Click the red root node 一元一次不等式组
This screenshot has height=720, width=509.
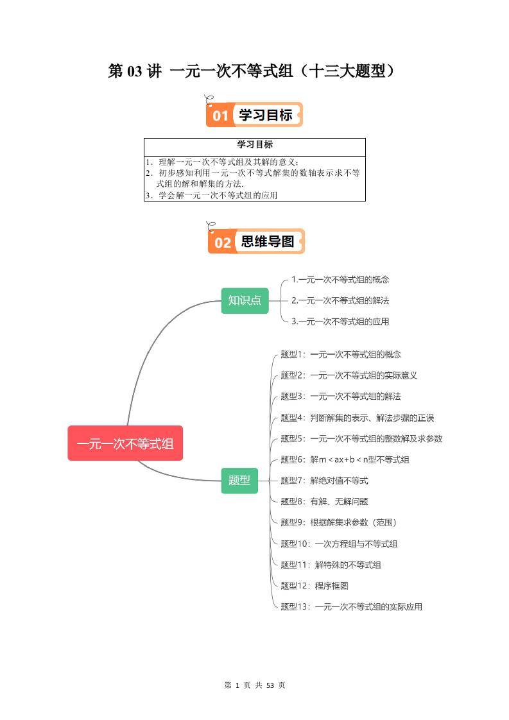(125, 443)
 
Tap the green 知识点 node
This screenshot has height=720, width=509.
(245, 300)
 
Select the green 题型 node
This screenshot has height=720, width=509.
(239, 480)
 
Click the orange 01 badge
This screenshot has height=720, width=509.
(221, 116)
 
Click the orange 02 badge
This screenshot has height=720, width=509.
(223, 243)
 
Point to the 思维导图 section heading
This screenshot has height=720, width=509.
(268, 242)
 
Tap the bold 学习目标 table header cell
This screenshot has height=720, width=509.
(254, 145)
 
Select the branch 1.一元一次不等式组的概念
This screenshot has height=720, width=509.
(340, 280)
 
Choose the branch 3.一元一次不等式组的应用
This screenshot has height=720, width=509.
(340, 321)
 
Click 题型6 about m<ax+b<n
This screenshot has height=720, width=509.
(345, 459)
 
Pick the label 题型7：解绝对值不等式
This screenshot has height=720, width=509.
(324, 481)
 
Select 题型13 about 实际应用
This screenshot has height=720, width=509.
(351, 607)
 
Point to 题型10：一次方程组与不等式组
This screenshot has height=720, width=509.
(339, 544)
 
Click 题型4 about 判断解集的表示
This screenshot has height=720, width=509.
(357, 418)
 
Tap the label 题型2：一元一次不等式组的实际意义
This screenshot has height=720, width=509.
(349, 375)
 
